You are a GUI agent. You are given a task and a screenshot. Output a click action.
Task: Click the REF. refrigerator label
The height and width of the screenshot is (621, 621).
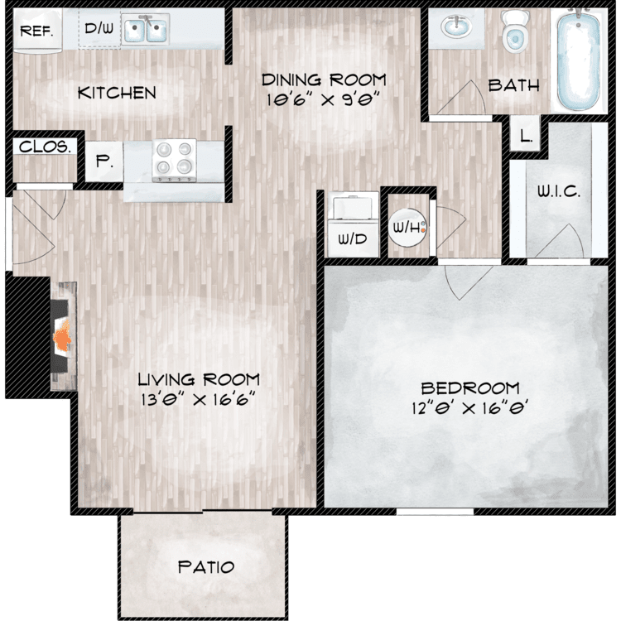[36, 31]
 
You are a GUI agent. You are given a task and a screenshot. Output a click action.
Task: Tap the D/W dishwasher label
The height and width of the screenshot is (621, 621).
[99, 28]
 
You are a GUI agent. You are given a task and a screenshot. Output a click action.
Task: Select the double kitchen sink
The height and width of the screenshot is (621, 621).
[146, 28]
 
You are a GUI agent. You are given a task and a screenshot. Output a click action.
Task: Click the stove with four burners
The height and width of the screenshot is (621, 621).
[174, 161]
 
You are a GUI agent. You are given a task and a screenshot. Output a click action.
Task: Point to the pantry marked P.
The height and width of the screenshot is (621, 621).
[103, 162]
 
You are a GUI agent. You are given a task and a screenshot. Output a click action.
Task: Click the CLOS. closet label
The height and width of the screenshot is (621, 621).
[45, 147]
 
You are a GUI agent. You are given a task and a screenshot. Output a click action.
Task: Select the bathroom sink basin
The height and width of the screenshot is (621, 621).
[456, 27]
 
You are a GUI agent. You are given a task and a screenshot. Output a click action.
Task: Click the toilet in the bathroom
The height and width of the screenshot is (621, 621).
[515, 31]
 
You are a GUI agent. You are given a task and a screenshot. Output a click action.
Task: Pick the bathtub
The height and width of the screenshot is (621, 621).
[578, 60]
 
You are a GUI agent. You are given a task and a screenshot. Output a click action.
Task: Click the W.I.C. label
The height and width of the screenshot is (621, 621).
[559, 192]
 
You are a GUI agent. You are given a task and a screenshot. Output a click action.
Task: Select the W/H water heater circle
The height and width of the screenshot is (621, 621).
[408, 228]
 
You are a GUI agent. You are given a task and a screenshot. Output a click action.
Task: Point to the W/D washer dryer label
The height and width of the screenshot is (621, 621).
[352, 239]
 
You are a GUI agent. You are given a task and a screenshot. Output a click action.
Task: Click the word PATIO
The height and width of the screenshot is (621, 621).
[206, 567]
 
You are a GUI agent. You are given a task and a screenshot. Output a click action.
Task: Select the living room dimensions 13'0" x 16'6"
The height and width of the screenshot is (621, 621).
[198, 399]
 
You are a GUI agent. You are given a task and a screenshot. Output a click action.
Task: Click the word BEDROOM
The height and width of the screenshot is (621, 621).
[470, 388]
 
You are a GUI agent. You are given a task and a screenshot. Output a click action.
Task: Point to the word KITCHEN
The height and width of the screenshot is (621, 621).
[117, 93]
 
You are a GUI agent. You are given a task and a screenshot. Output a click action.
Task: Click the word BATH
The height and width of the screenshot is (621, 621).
[513, 85]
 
